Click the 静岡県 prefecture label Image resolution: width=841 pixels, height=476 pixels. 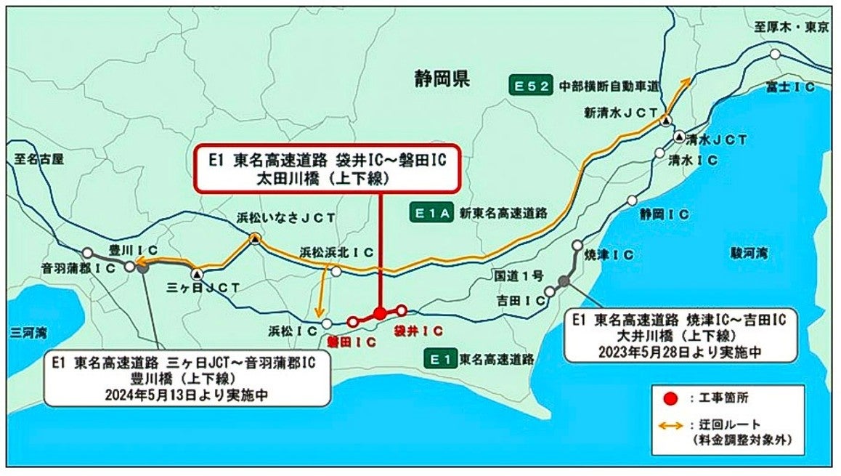click(x=442, y=78)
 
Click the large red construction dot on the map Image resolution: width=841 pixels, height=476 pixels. click(x=379, y=313)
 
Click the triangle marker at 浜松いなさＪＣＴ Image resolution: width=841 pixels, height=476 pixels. click(x=255, y=238)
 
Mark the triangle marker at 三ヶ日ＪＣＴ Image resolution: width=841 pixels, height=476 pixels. click(x=198, y=275)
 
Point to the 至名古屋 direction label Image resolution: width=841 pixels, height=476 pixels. click(x=38, y=158)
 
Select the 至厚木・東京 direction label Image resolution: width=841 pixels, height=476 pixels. click(x=791, y=28)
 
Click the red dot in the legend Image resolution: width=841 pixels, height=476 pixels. click(x=673, y=399)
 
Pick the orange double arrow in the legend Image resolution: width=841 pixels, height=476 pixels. click(x=673, y=427)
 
